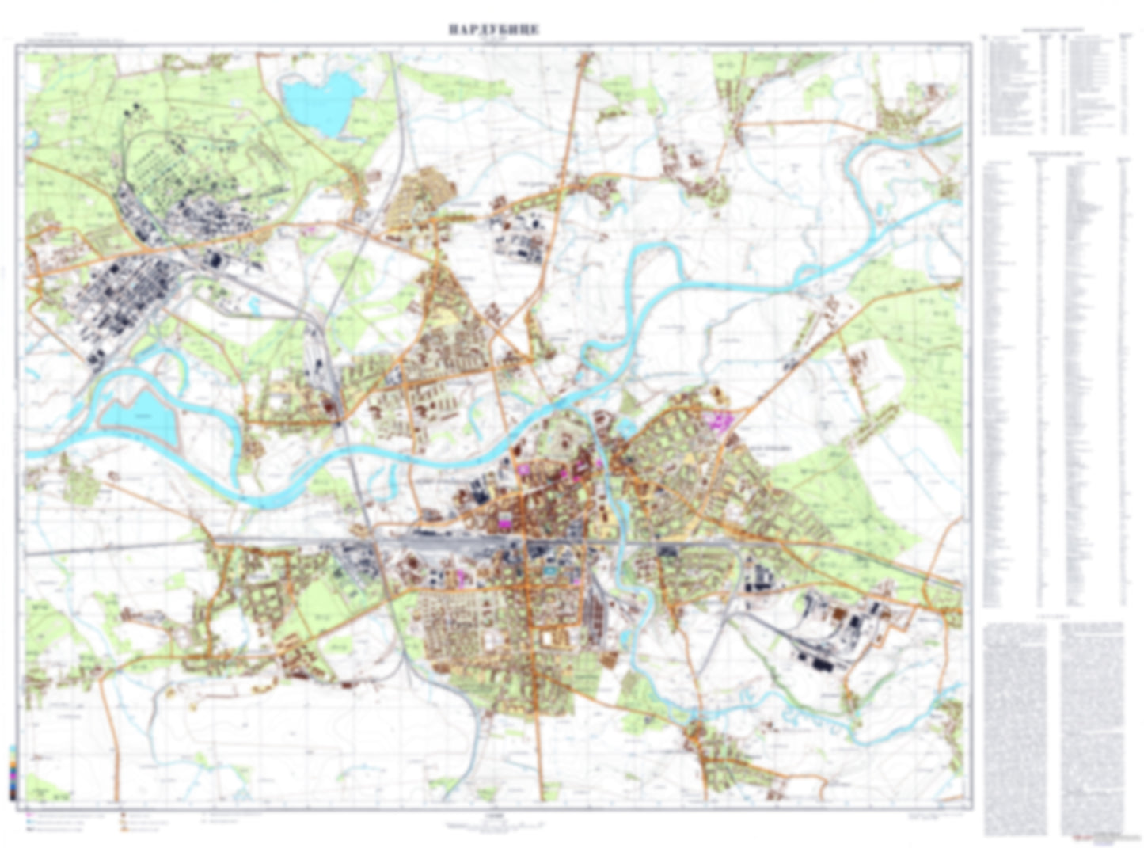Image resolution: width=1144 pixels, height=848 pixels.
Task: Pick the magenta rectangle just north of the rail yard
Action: (x=504, y=521)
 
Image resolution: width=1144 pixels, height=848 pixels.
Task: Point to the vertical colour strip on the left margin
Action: (x=12, y=772)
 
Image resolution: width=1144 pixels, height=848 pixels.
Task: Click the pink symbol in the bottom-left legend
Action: (x=29, y=814)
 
